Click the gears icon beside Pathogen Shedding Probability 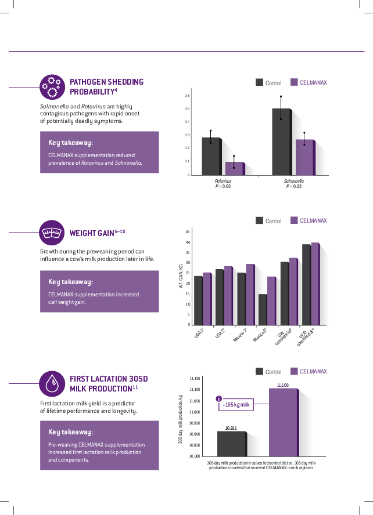click(52, 86)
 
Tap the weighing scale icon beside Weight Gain click(52, 233)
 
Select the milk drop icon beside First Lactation click(52, 383)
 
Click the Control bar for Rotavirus click(210, 156)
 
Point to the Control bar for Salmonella click(281, 142)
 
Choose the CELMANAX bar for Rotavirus click(234, 168)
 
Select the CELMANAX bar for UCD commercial click(315, 284)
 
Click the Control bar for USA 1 click(198, 300)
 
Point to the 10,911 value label click(231, 428)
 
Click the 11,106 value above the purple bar click(283, 385)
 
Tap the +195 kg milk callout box click(238, 405)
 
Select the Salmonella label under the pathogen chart click(293, 181)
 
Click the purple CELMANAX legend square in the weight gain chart click(294, 220)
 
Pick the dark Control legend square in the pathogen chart click(260, 82)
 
